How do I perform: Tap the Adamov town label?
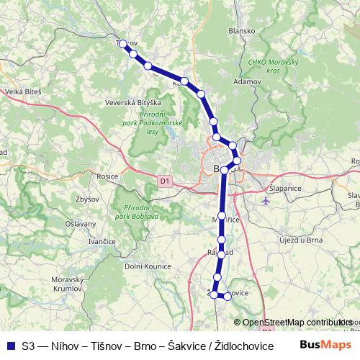(246, 82)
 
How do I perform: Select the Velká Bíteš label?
(24, 92)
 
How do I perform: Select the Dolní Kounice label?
(148, 266)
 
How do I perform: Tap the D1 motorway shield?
(166, 181)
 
